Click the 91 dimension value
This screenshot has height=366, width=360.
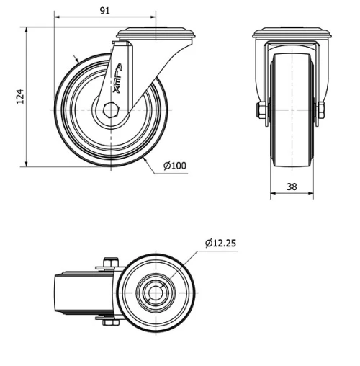pos(104,10)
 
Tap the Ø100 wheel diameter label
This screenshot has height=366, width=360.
pos(175,166)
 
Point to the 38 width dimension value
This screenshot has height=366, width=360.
pos(292,186)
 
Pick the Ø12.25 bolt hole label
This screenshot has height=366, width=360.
pos(220,243)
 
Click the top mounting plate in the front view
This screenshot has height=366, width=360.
pos(292,33)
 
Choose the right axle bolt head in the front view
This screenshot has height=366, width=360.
pos(321,110)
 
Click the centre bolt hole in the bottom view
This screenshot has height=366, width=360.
pos(156,293)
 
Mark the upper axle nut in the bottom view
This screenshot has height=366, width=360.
pos(109,262)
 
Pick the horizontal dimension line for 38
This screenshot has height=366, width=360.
pos(292,195)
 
